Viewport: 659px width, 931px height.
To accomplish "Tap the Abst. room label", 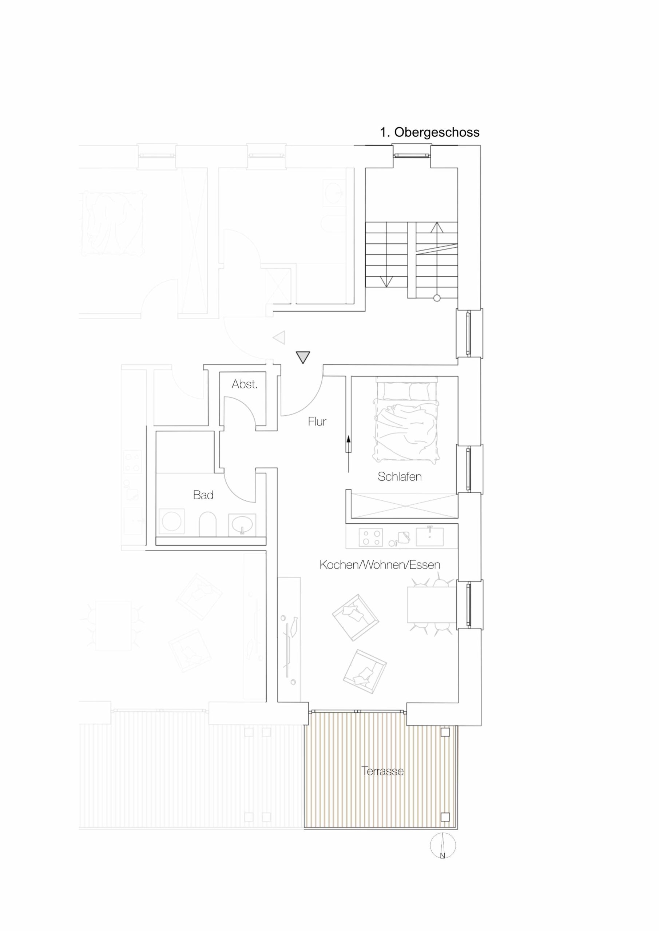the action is click(245, 384).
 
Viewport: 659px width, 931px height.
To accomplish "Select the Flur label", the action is click(317, 422).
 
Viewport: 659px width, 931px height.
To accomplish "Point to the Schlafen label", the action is click(399, 476).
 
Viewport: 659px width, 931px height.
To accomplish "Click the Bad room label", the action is click(203, 495).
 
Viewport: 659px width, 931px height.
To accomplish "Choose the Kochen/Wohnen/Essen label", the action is click(380, 564).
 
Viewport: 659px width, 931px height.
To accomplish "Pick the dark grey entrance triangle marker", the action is click(303, 357).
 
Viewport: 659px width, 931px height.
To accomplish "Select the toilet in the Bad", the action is click(208, 524).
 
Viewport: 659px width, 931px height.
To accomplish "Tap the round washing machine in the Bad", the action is click(171, 522).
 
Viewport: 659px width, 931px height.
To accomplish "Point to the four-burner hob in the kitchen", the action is click(371, 538).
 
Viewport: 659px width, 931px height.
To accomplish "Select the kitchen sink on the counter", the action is click(429, 536).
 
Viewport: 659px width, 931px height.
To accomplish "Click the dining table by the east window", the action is click(432, 604).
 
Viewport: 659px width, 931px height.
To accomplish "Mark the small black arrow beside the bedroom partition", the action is click(348, 444).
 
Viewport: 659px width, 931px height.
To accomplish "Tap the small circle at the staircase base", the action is click(437, 298).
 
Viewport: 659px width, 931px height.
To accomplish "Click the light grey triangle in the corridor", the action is click(279, 337).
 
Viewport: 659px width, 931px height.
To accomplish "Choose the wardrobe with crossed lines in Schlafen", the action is click(405, 506).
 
